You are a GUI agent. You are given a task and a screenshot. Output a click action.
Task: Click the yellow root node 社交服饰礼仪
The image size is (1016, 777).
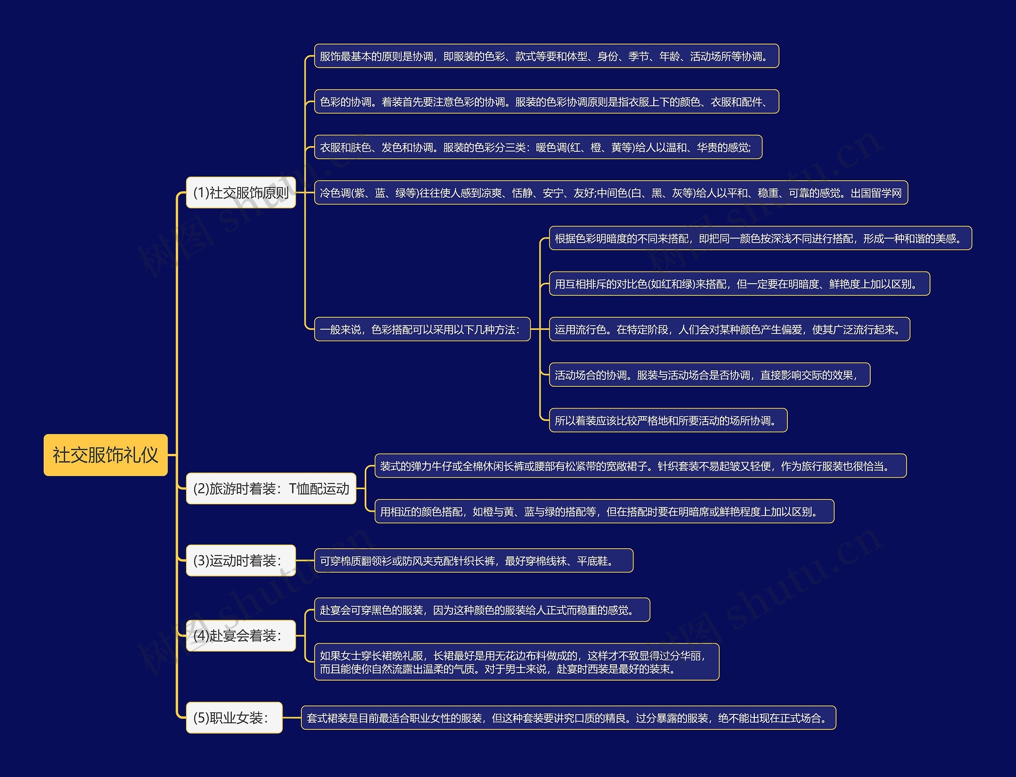click(106, 455)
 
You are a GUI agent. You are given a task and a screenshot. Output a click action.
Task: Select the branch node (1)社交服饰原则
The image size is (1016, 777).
click(241, 193)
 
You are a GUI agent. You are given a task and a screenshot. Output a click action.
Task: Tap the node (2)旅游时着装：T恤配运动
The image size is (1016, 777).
click(271, 488)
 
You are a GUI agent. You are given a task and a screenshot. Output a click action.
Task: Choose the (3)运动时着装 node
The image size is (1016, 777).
click(241, 561)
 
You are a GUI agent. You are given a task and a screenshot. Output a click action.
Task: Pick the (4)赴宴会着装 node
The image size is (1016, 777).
click(241, 636)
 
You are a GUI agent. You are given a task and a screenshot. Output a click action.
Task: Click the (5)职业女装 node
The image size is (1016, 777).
click(234, 718)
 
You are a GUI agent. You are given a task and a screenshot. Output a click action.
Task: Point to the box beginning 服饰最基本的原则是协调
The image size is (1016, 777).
click(546, 56)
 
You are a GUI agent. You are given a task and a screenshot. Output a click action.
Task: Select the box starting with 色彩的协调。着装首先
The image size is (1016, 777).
click(546, 102)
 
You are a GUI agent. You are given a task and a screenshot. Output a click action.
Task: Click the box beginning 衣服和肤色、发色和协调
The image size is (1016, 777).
click(538, 147)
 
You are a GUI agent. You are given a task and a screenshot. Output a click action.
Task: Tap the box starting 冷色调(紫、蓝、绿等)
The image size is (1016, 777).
click(611, 193)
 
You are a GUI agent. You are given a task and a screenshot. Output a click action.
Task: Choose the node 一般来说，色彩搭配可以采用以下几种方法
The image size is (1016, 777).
click(422, 329)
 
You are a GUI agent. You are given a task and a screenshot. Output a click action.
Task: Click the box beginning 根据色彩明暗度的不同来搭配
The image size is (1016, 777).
click(760, 238)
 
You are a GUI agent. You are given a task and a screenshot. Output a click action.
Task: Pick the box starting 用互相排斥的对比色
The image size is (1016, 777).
click(739, 284)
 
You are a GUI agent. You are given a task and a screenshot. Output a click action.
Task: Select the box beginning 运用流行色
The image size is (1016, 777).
click(729, 329)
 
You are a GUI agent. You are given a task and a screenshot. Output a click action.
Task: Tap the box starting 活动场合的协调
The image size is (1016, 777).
click(710, 375)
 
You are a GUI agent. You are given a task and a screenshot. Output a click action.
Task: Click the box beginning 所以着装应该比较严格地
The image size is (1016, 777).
click(668, 420)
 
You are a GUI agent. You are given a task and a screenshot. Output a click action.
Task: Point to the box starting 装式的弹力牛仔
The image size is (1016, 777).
click(640, 466)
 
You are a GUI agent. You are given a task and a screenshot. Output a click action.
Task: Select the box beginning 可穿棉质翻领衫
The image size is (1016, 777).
click(473, 561)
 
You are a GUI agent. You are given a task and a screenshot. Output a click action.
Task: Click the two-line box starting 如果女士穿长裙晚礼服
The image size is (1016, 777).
click(516, 662)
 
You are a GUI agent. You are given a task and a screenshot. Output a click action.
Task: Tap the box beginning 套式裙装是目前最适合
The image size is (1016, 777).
click(569, 718)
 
